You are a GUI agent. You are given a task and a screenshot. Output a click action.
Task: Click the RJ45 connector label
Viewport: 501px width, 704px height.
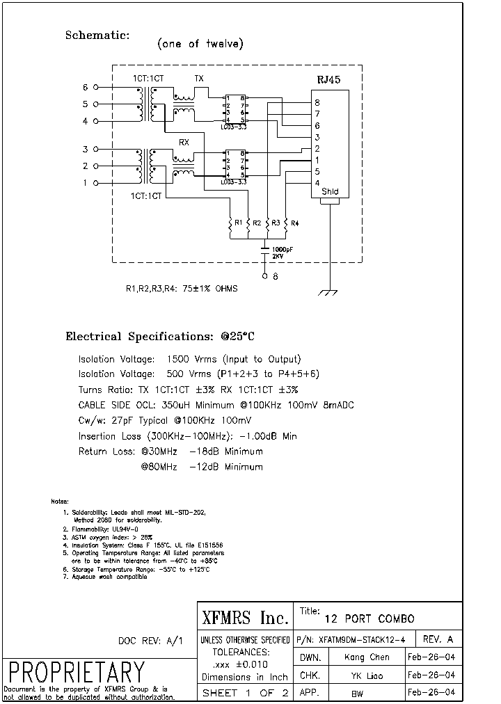pos(328,80)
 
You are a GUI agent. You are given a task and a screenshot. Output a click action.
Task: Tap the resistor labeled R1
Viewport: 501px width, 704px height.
pos(230,223)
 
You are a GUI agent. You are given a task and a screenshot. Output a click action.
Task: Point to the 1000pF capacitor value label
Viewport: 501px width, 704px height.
pos(282,249)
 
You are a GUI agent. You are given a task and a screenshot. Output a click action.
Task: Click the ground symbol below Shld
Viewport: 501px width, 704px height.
pos(328,292)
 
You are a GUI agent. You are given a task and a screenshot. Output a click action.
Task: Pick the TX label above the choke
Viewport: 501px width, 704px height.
pos(199,79)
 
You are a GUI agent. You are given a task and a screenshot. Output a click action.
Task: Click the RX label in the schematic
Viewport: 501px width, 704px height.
pos(184,142)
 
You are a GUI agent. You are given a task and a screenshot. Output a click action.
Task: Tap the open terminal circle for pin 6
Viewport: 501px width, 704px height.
pos(96,88)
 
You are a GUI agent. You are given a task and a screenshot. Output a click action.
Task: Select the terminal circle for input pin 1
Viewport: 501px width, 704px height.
pos(96,183)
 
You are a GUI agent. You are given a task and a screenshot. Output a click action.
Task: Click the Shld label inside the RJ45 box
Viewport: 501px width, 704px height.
pos(330,192)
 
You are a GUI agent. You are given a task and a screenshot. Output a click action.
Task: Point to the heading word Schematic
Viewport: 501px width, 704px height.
pos(97,35)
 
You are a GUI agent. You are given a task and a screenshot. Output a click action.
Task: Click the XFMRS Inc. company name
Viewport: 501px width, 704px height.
pos(244,618)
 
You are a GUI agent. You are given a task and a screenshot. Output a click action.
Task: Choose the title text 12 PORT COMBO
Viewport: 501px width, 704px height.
pos(369,618)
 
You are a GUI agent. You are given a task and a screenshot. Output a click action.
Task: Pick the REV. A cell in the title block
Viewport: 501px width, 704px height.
pos(438,639)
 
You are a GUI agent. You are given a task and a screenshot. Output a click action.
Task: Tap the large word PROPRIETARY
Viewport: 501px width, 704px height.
pos(77,672)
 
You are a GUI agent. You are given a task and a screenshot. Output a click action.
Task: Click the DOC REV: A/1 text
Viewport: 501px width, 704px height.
pos(150,641)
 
